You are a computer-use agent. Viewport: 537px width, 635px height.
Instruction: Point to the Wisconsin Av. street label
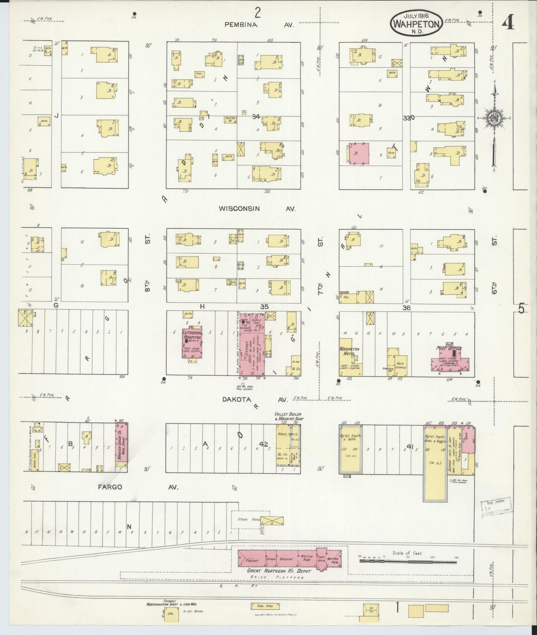(x=257, y=209)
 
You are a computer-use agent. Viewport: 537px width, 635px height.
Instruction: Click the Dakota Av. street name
(x=259, y=399)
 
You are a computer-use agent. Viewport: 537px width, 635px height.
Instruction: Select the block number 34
(x=256, y=116)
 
